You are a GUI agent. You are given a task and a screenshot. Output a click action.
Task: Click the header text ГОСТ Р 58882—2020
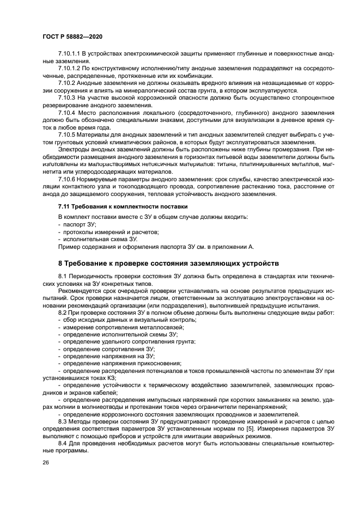72,36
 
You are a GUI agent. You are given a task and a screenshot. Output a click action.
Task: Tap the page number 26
46,462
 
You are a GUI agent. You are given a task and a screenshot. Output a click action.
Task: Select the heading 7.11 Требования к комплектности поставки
123,207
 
